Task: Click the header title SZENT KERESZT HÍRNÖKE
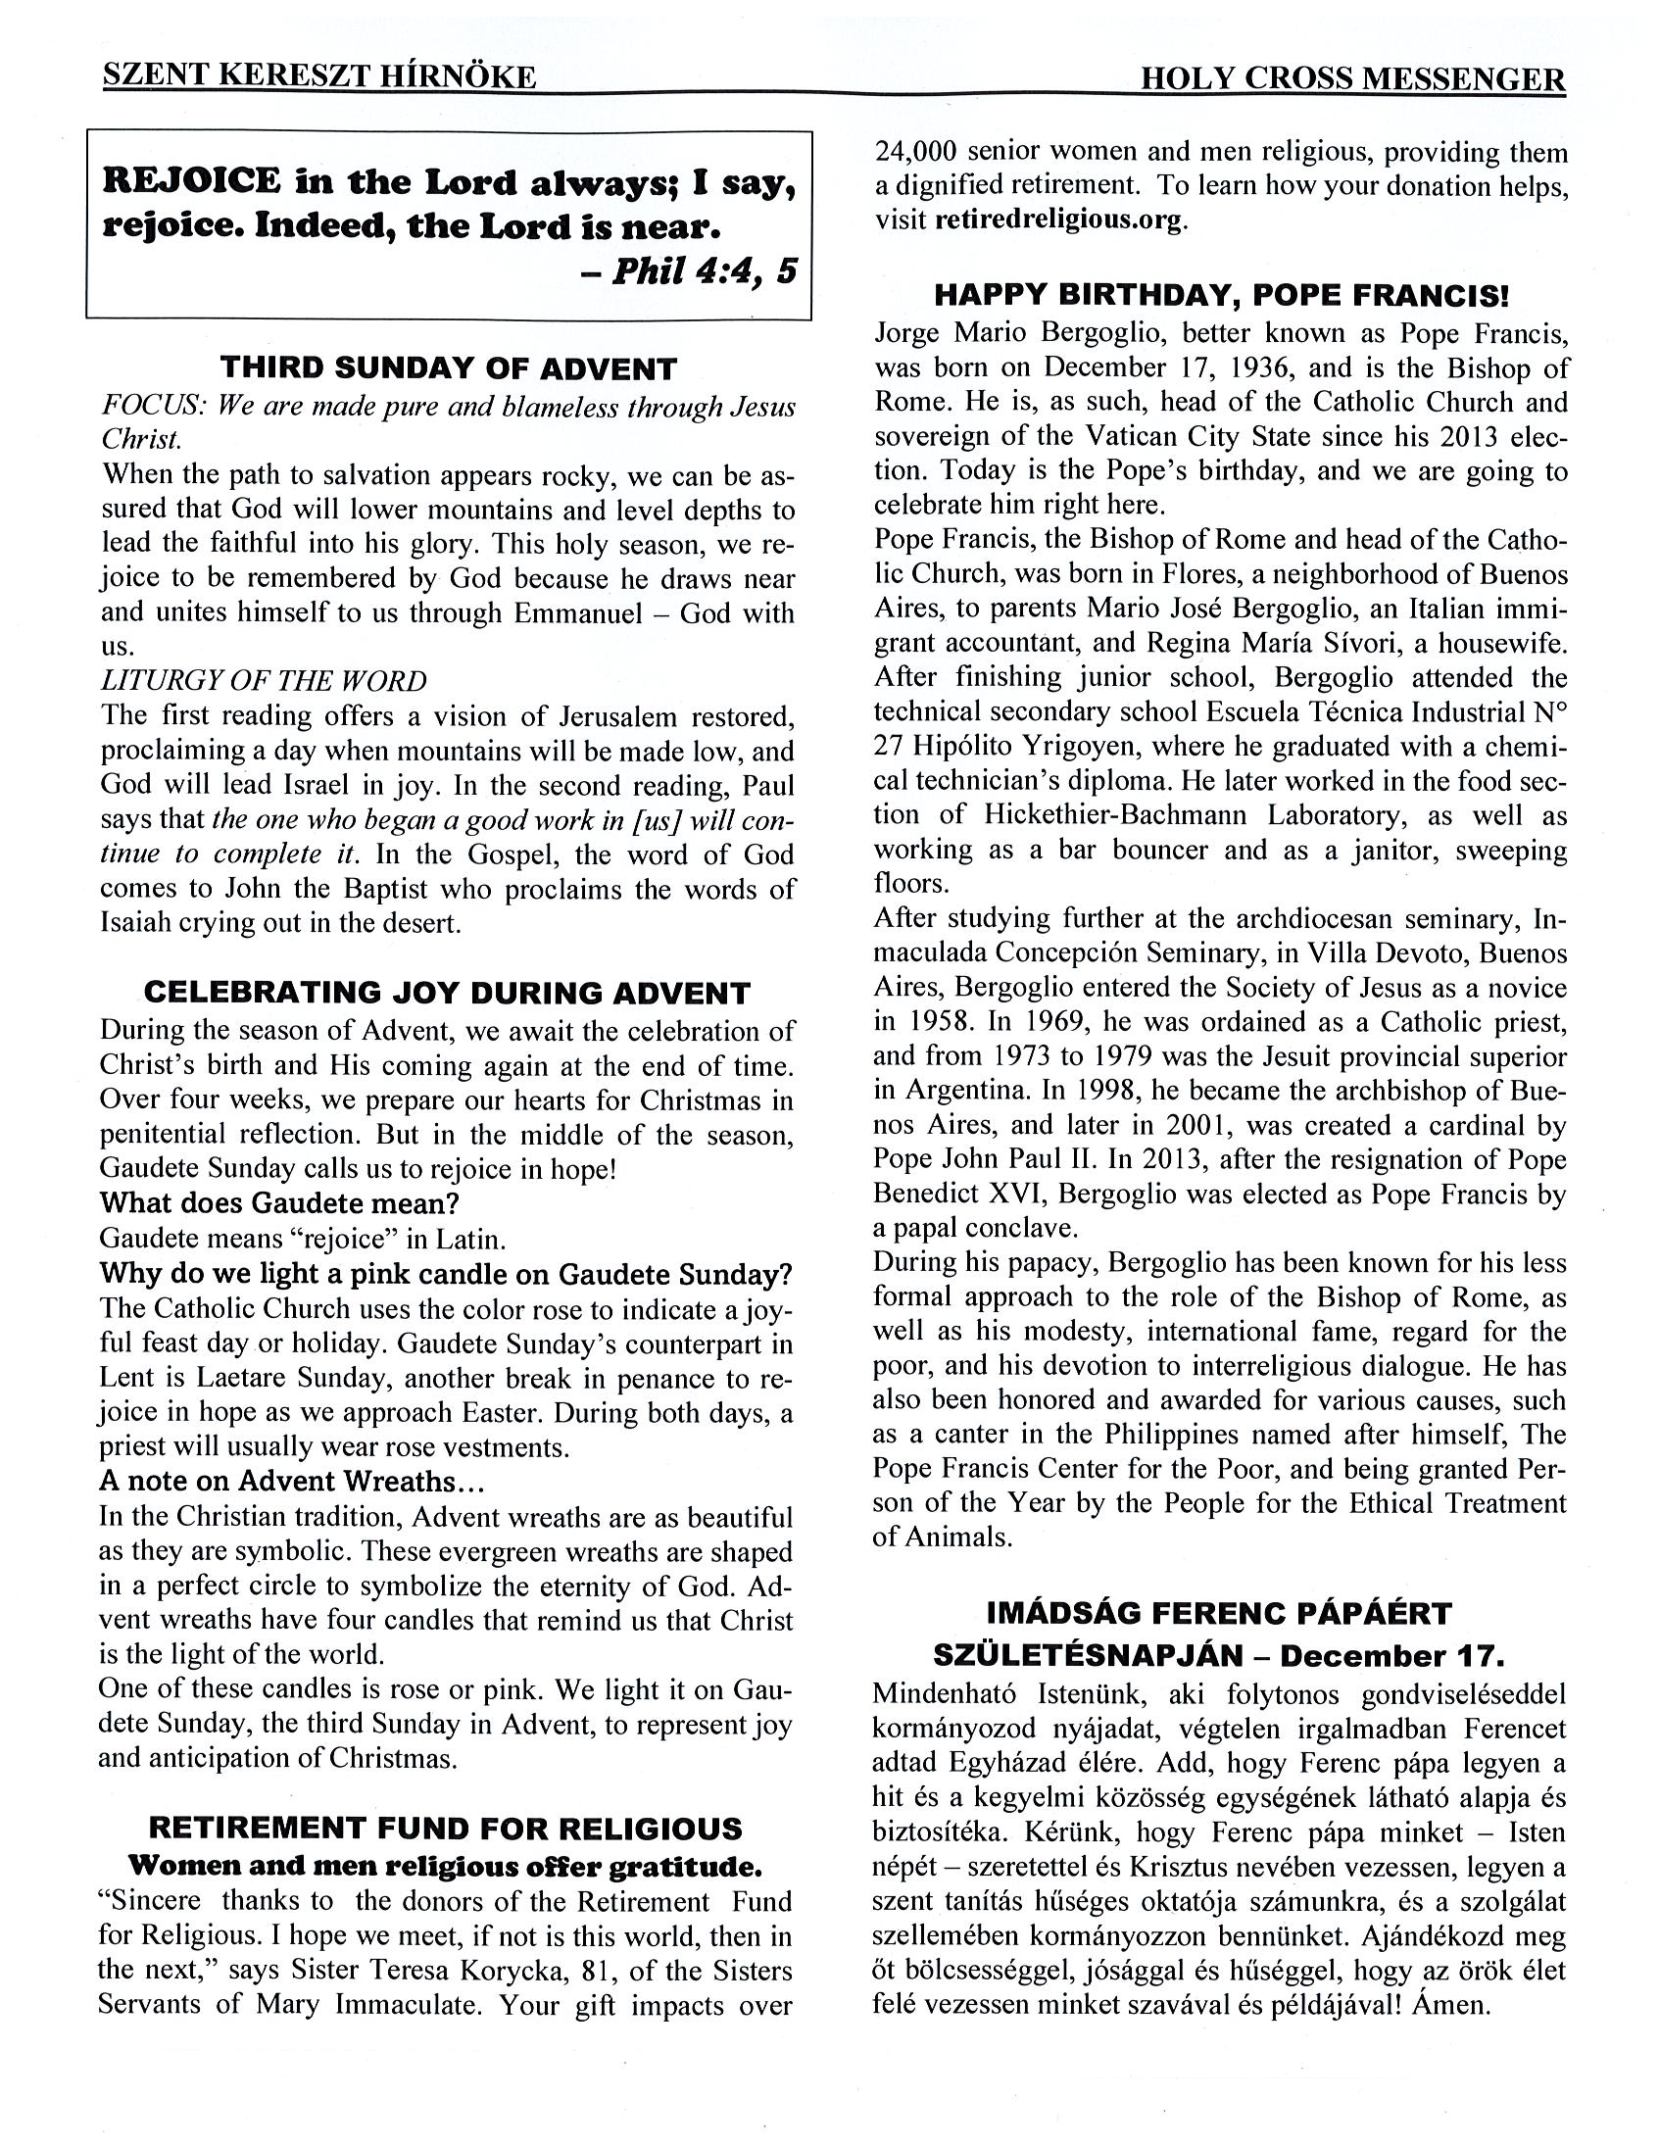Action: coord(319,77)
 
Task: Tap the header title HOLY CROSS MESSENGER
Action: coord(1352,79)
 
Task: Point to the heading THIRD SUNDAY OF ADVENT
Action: coord(449,368)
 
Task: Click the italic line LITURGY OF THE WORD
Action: coord(264,681)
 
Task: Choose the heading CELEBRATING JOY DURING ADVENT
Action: coord(448,993)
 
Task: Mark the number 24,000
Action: coord(916,152)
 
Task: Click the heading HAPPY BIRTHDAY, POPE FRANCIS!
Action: coord(1220,295)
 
